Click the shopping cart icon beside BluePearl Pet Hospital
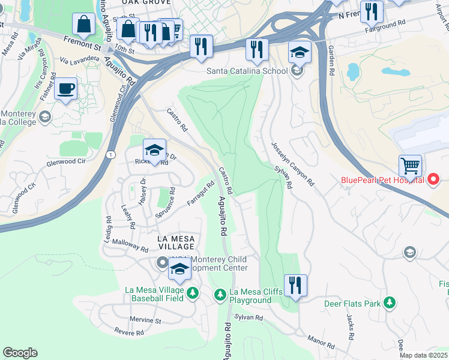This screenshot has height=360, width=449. pyautogui.click(x=410, y=165)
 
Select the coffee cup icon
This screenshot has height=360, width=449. pyautogui.click(x=66, y=89)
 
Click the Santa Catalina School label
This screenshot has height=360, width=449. pyautogui.click(x=247, y=71)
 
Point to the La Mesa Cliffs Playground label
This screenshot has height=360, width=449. pyautogui.click(x=250, y=296)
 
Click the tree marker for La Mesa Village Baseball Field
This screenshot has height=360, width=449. pyautogui.click(x=193, y=293)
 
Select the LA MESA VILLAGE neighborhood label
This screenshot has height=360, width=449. pyautogui.click(x=176, y=242)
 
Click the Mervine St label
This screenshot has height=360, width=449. pyautogui.click(x=146, y=321)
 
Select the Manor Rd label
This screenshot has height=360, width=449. pyautogui.click(x=321, y=341)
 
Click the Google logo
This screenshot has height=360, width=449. pyautogui.click(x=20, y=353)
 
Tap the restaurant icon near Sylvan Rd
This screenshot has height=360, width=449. pyautogui.click(x=295, y=285)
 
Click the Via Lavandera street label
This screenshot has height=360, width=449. pyautogui.click(x=80, y=59)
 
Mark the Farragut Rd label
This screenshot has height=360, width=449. pyautogui.click(x=200, y=194)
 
